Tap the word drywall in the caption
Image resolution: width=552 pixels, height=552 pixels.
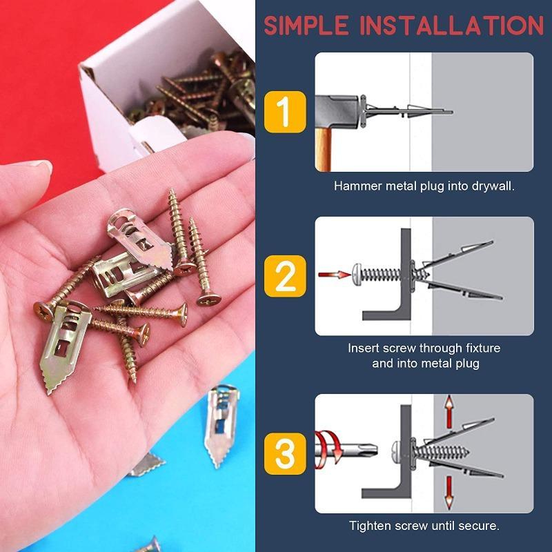[491, 186]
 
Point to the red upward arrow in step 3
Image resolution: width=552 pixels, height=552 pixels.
[448, 413]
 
